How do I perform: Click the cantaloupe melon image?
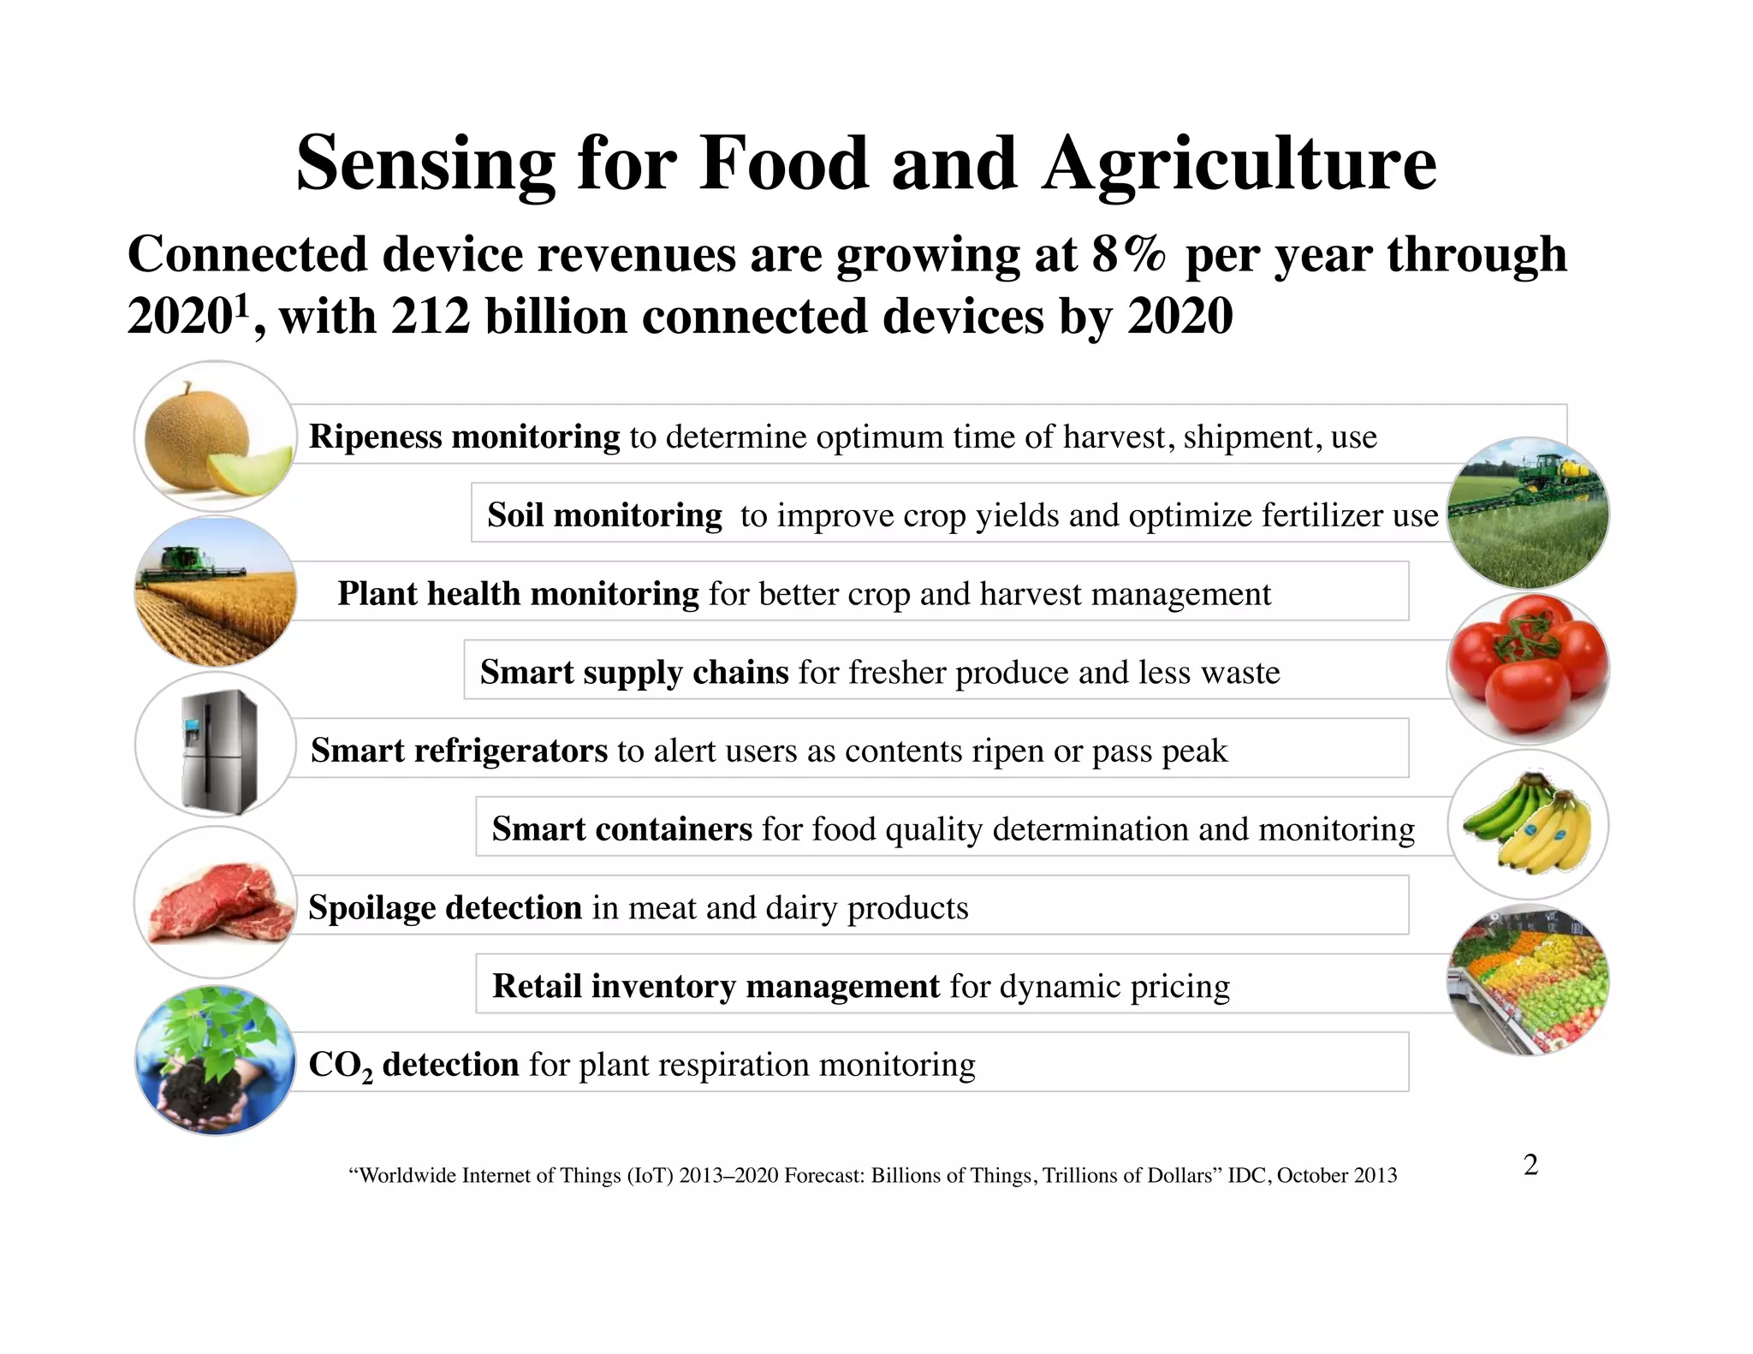coord(215,436)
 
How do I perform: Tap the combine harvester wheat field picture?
coord(216,591)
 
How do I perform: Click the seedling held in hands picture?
coord(216,1060)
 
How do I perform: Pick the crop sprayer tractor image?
coord(1528,514)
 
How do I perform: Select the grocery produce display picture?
coord(1528,981)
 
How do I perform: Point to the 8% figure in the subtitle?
coord(1128,254)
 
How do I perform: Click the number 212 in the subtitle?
coord(431,316)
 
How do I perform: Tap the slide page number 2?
coord(1530,1164)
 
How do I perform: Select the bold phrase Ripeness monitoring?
coord(464,436)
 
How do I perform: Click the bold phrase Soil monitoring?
coord(604,515)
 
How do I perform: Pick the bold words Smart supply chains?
coord(633,672)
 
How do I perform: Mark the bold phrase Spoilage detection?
coord(444,907)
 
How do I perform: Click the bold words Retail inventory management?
coord(716,986)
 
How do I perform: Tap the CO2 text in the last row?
coord(340,1066)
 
